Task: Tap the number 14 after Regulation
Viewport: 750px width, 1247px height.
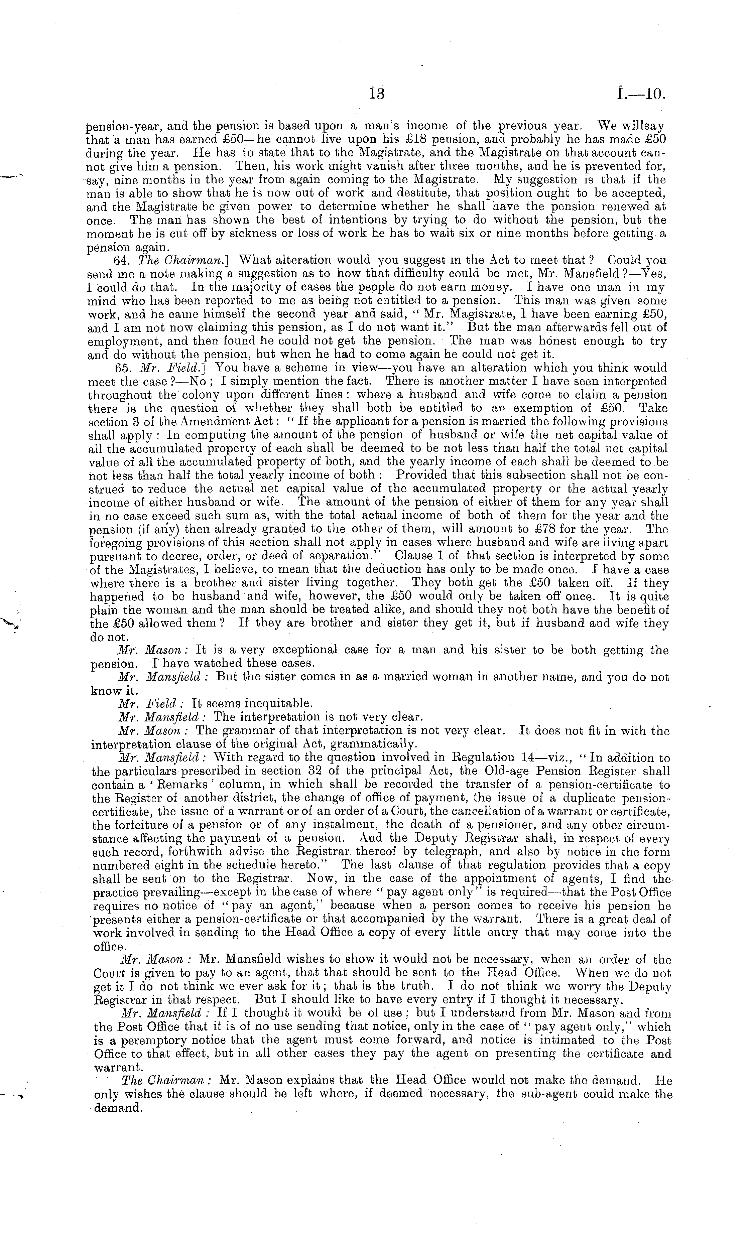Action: (x=531, y=757)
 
